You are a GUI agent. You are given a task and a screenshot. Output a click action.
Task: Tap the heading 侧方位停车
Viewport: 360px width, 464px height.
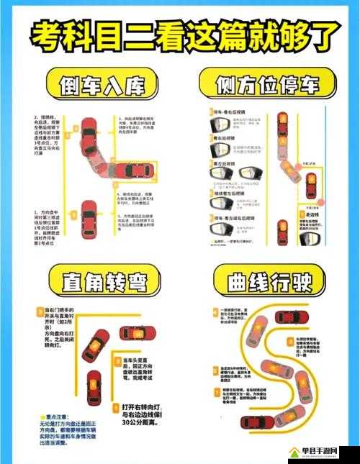tap(269, 86)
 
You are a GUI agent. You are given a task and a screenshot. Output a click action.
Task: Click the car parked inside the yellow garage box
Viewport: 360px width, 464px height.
tap(135, 169)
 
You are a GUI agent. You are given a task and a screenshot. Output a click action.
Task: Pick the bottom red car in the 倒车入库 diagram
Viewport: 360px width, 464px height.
tap(89, 214)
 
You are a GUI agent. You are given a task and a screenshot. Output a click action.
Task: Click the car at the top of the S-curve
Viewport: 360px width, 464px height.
tap(292, 317)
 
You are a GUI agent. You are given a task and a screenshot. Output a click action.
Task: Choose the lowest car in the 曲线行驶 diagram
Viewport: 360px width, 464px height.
tap(257, 423)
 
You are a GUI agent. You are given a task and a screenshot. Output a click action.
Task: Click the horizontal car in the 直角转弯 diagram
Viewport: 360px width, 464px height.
tap(137, 333)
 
